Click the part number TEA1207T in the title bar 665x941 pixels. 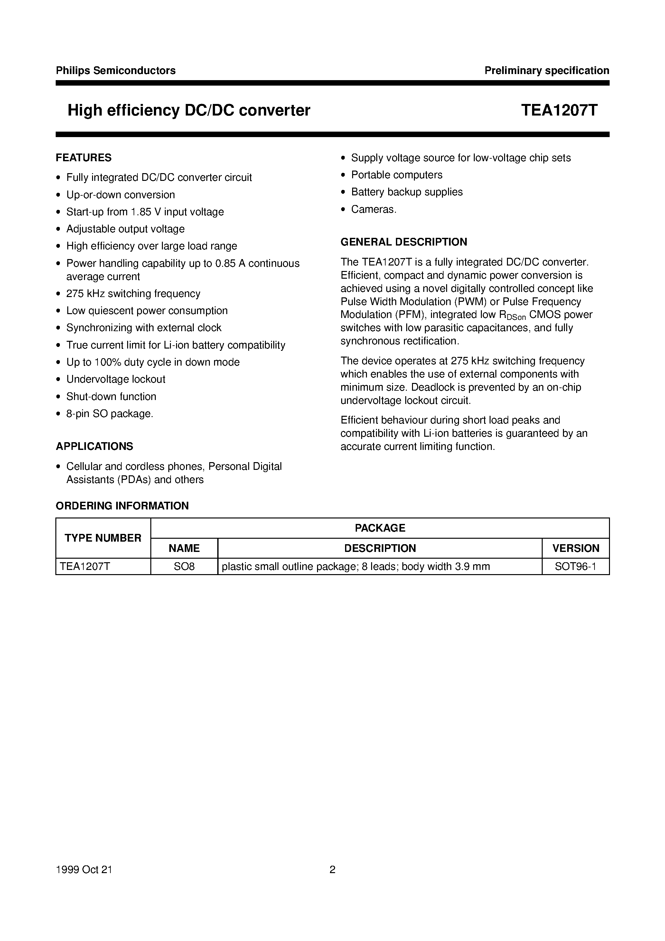(559, 110)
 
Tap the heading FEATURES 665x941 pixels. (84, 158)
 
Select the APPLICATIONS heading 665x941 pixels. (94, 446)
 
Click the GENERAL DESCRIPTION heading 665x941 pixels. (404, 242)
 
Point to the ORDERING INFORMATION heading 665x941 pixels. (122, 506)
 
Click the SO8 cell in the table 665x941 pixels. (184, 567)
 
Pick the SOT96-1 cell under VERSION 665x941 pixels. (575, 567)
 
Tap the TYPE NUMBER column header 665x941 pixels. (103, 538)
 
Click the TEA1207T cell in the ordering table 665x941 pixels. (85, 567)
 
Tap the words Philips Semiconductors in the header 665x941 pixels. (116, 70)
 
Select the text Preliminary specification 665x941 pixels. (547, 70)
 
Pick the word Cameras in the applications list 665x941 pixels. (373, 210)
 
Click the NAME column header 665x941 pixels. (184, 548)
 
